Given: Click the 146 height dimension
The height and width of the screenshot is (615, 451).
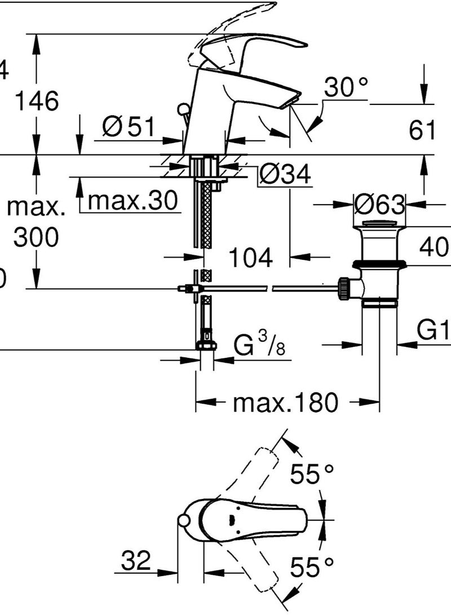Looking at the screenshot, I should (37, 101).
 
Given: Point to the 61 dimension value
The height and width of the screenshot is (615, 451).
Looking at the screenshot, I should (422, 131).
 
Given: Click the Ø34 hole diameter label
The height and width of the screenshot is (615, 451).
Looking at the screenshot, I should (285, 176).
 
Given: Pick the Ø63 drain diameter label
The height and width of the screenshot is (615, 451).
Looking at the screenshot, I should (379, 205).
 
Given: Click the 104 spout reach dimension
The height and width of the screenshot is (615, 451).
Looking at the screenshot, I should (250, 258).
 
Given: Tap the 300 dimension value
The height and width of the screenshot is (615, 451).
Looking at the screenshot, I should (36, 238).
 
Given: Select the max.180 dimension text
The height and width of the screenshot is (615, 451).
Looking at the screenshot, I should (286, 402).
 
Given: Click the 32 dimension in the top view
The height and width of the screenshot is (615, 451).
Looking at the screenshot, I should (136, 561).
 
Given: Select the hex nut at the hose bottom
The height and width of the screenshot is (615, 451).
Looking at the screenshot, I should (206, 346).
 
